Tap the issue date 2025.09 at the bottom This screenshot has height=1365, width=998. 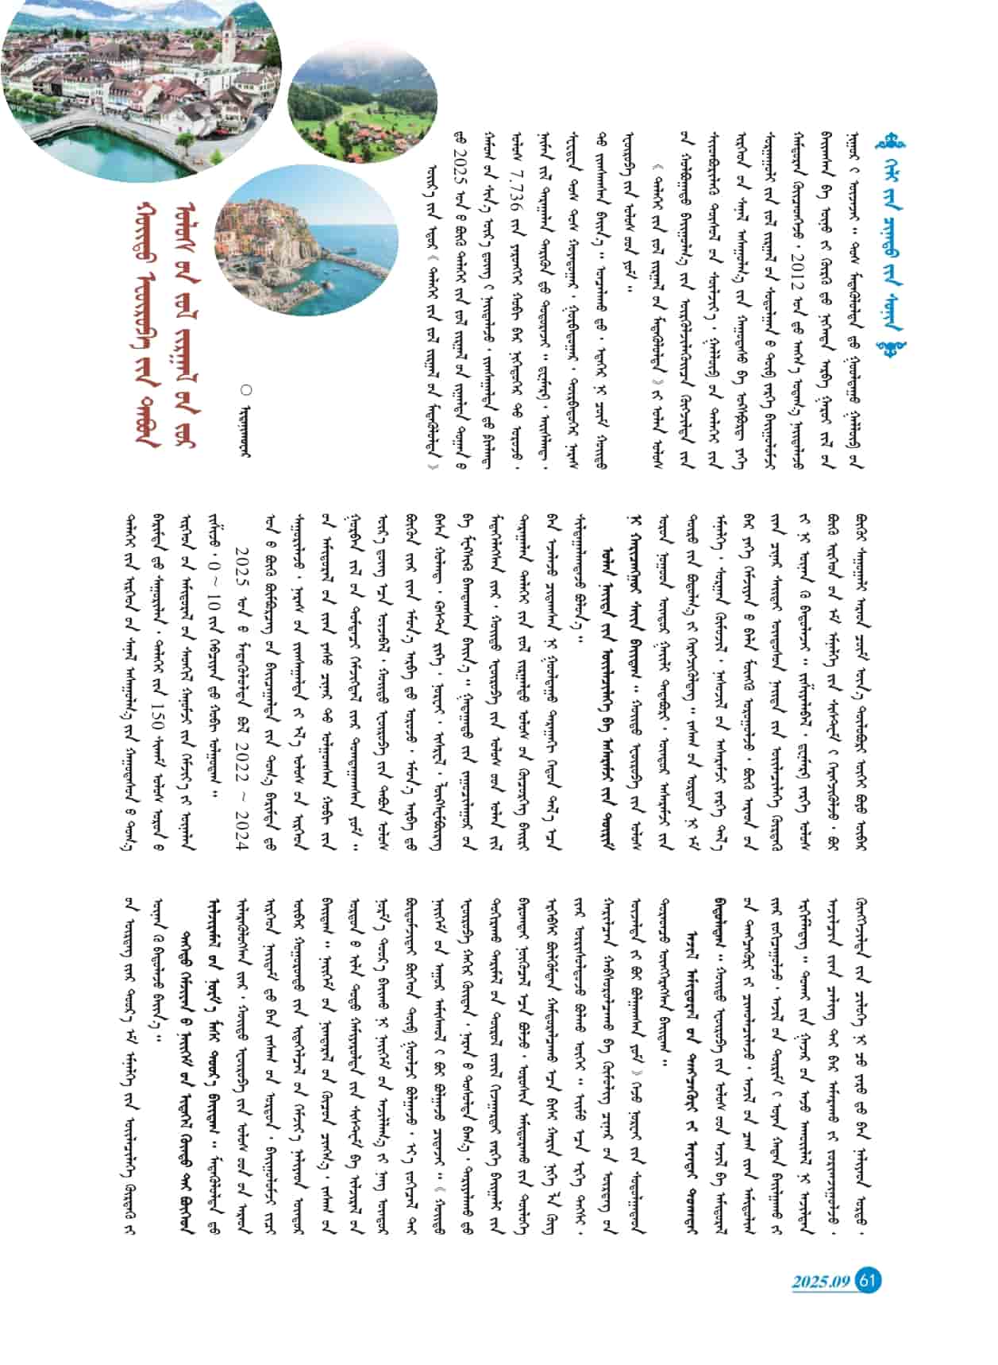pyautogui.click(x=820, y=1282)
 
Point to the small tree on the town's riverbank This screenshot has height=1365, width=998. pyautogui.click(x=184, y=143)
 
